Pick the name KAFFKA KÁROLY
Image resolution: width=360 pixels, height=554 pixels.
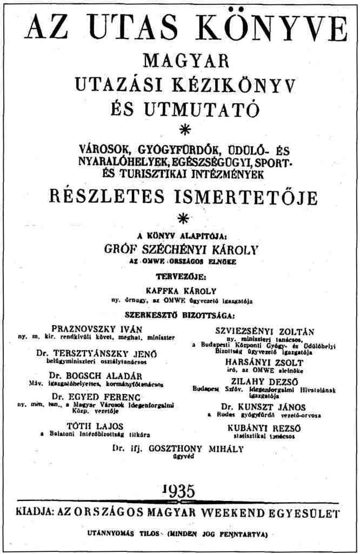[179, 289]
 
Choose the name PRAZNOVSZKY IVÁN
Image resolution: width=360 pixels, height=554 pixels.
[97, 328]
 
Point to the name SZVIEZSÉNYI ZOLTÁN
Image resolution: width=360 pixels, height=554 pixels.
[265, 331]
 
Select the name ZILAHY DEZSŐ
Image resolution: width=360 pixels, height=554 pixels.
[266, 380]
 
